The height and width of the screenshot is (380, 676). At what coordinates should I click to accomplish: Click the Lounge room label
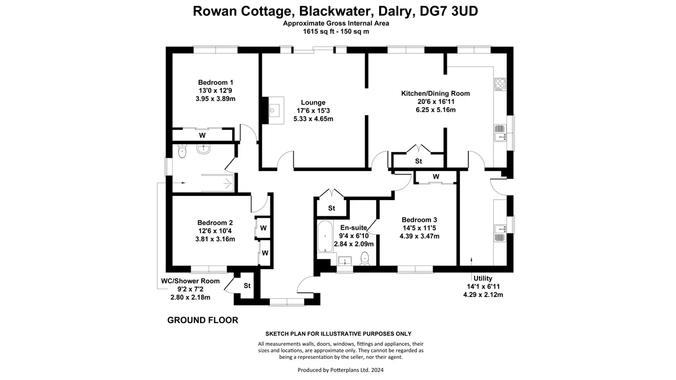point(313,102)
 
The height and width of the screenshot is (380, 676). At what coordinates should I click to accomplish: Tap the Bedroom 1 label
point(215,82)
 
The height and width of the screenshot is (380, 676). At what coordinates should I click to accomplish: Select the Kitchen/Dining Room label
point(436,93)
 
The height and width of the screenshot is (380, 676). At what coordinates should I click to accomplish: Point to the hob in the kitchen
point(500,84)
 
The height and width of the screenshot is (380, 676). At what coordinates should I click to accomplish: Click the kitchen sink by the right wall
point(500,133)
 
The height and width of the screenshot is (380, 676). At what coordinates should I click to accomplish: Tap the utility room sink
point(500,233)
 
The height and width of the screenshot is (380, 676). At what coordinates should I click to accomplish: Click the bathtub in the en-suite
point(325,237)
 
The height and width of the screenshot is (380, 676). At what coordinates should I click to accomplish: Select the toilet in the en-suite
point(365,259)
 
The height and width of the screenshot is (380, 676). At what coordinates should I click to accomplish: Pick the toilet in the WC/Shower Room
point(182,151)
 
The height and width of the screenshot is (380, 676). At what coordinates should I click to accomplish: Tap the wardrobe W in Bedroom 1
point(202,136)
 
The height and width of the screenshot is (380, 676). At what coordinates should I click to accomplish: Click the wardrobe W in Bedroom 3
point(436,176)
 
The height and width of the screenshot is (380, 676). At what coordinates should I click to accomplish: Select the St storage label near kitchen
point(418,161)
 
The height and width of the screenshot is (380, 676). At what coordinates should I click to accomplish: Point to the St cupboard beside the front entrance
point(247,286)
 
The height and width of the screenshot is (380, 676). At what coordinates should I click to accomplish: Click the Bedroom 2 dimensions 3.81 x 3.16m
point(215,239)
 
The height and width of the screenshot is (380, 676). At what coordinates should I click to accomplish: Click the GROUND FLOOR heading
point(203,320)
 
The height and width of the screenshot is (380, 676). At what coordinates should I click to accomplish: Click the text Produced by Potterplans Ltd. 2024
point(341,370)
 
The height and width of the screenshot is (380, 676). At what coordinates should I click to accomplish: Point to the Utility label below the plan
point(483,278)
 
